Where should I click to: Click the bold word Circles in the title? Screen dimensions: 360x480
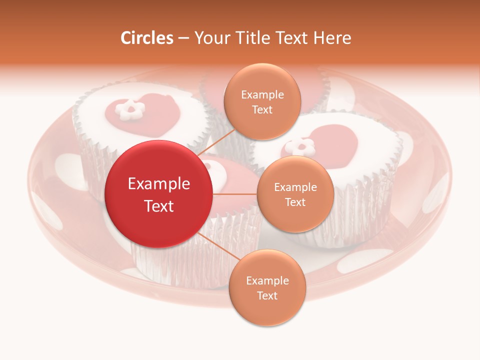click(x=146, y=38)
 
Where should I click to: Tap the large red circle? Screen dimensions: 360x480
click(x=159, y=194)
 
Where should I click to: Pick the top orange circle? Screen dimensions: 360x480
click(x=262, y=102)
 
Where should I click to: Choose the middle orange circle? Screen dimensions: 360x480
click(x=295, y=194)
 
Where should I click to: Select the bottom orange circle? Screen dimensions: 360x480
click(x=267, y=288)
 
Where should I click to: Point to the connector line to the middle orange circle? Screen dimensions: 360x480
click(x=235, y=194)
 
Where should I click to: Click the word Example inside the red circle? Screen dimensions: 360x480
click(x=159, y=184)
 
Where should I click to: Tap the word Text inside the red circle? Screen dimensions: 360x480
click(x=159, y=206)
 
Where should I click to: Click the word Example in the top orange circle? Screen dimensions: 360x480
click(x=262, y=95)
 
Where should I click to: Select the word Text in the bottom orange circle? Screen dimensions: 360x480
click(x=267, y=295)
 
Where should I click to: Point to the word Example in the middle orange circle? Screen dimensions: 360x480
click(x=295, y=187)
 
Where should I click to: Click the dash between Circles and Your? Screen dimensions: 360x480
click(x=183, y=38)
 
